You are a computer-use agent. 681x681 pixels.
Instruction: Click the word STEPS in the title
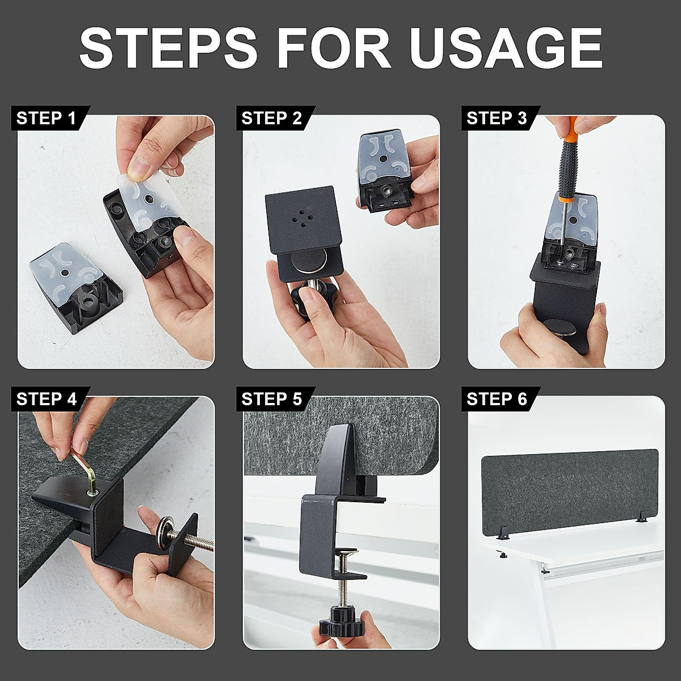pyautogui.click(x=169, y=47)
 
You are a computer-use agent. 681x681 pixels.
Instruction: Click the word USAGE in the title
pyautogui.click(x=506, y=47)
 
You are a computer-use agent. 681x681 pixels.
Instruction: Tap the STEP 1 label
pyautogui.click(x=47, y=118)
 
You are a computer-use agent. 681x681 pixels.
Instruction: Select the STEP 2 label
pyautogui.click(x=271, y=118)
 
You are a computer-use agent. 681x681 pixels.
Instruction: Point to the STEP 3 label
pyautogui.click(x=497, y=118)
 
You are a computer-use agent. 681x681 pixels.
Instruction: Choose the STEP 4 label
pyautogui.click(x=47, y=399)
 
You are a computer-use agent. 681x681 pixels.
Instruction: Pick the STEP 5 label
pyautogui.click(x=271, y=399)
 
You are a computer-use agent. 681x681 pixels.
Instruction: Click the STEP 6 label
pyautogui.click(x=497, y=399)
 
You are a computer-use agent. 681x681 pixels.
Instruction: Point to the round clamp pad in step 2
pyautogui.click(x=310, y=260)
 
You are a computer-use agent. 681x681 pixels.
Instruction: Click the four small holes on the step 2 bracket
pyautogui.click(x=300, y=218)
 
